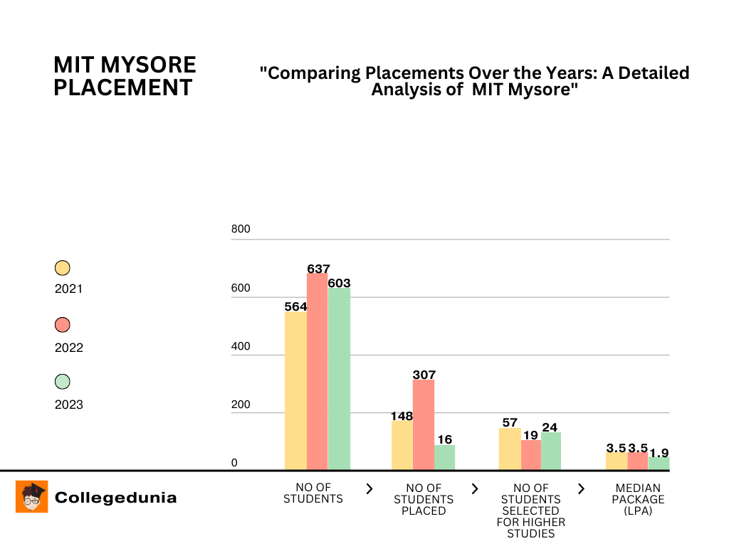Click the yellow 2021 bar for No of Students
295,390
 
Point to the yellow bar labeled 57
510,449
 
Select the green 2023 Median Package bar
659,463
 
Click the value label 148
402,416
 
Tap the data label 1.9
659,452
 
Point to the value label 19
531,435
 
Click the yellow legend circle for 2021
63,268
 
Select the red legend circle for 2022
63,325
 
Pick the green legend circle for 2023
63,382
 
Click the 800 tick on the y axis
241,230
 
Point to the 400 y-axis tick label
241,346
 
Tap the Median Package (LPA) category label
638,499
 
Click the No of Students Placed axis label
424,499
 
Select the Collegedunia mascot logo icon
32,496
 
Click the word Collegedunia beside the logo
116,498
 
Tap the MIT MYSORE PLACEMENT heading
125,76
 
